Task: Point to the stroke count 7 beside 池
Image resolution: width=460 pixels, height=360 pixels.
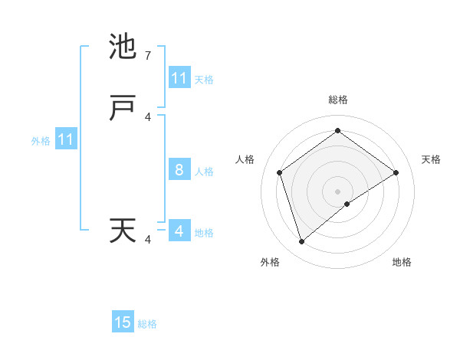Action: point(148,56)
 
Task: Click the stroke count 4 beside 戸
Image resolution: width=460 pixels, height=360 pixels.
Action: point(148,116)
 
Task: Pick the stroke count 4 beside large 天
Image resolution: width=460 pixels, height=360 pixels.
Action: point(148,240)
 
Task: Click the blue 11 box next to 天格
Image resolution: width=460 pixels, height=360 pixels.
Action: point(179,78)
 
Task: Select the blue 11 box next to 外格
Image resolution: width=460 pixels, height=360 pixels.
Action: point(66,140)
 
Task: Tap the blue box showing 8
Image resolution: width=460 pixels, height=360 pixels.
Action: point(179,170)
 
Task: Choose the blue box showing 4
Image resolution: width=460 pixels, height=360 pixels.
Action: point(179,231)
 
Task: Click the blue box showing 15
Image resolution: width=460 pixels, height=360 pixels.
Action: point(123,322)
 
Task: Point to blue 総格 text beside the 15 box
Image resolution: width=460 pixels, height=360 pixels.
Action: point(147,324)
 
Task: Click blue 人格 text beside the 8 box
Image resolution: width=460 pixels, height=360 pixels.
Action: point(204,172)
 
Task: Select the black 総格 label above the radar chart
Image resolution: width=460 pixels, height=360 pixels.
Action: point(338,100)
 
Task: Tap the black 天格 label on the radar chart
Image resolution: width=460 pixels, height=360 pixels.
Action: point(431,159)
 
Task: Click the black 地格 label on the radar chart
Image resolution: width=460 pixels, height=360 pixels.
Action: point(402,262)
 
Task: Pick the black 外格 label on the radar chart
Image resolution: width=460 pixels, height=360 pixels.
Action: point(269,262)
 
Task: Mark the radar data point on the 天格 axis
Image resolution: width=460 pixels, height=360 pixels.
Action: point(396,172)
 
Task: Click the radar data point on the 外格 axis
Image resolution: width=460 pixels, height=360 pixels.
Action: point(301,242)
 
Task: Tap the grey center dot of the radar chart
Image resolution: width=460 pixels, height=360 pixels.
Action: point(338,191)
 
